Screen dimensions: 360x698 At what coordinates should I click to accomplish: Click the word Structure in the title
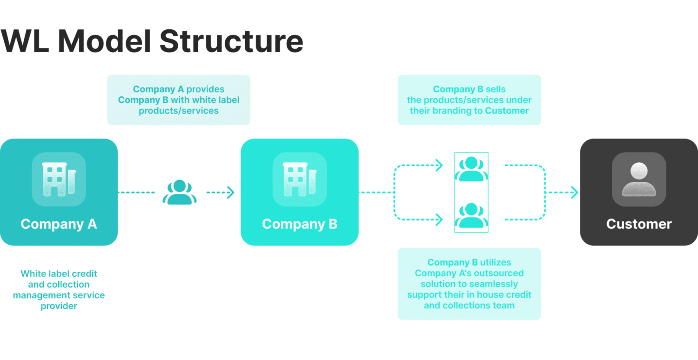[231, 41]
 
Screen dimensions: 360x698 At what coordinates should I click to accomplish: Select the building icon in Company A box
[59, 179]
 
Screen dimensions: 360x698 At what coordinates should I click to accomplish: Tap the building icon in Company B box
[299, 179]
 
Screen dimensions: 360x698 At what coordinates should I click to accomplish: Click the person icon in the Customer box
[638, 179]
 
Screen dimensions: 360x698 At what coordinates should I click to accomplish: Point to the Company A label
[59, 224]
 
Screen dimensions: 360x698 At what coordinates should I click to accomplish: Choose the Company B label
[299, 224]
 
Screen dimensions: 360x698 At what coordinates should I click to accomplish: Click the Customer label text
[638, 224]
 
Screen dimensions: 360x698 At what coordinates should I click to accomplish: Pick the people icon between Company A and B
[180, 192]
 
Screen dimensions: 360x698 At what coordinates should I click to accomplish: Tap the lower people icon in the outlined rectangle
[471, 215]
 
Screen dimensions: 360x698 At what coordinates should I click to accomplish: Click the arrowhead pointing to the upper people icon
[438, 165]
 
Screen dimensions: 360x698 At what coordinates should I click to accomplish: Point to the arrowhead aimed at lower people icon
[438, 219]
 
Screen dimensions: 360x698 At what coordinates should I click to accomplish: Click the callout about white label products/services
[179, 100]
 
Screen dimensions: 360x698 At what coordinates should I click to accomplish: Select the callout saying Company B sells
[469, 100]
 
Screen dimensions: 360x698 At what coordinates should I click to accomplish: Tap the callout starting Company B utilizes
[469, 284]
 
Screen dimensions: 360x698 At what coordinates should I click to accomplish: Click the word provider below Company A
[59, 306]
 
